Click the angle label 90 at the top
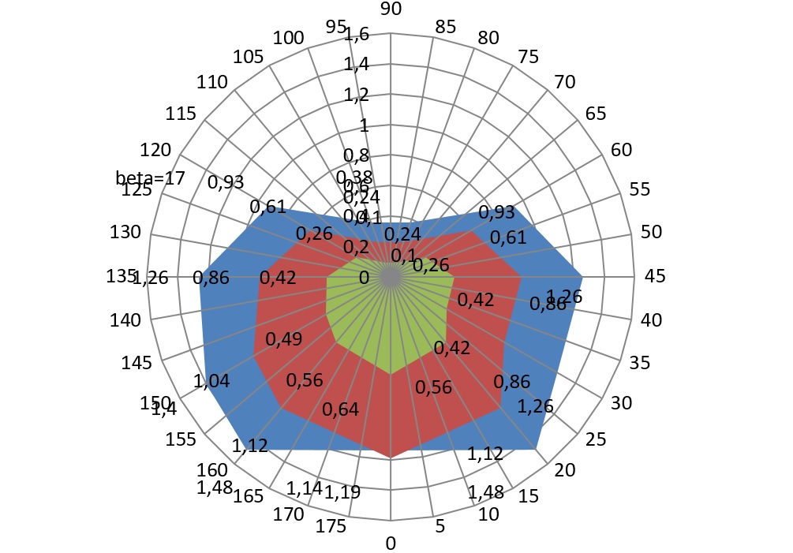[391, 9]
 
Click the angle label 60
[621, 150]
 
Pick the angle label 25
[596, 439]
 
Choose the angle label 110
[213, 83]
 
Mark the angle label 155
[181, 439]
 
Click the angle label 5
[440, 527]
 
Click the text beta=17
[150, 177]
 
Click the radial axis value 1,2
[357, 95]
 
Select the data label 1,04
[211, 381]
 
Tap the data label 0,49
[283, 338]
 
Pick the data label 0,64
[340, 409]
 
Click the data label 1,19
[342, 493]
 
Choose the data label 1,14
[305, 488]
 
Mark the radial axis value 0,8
[357, 155]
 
